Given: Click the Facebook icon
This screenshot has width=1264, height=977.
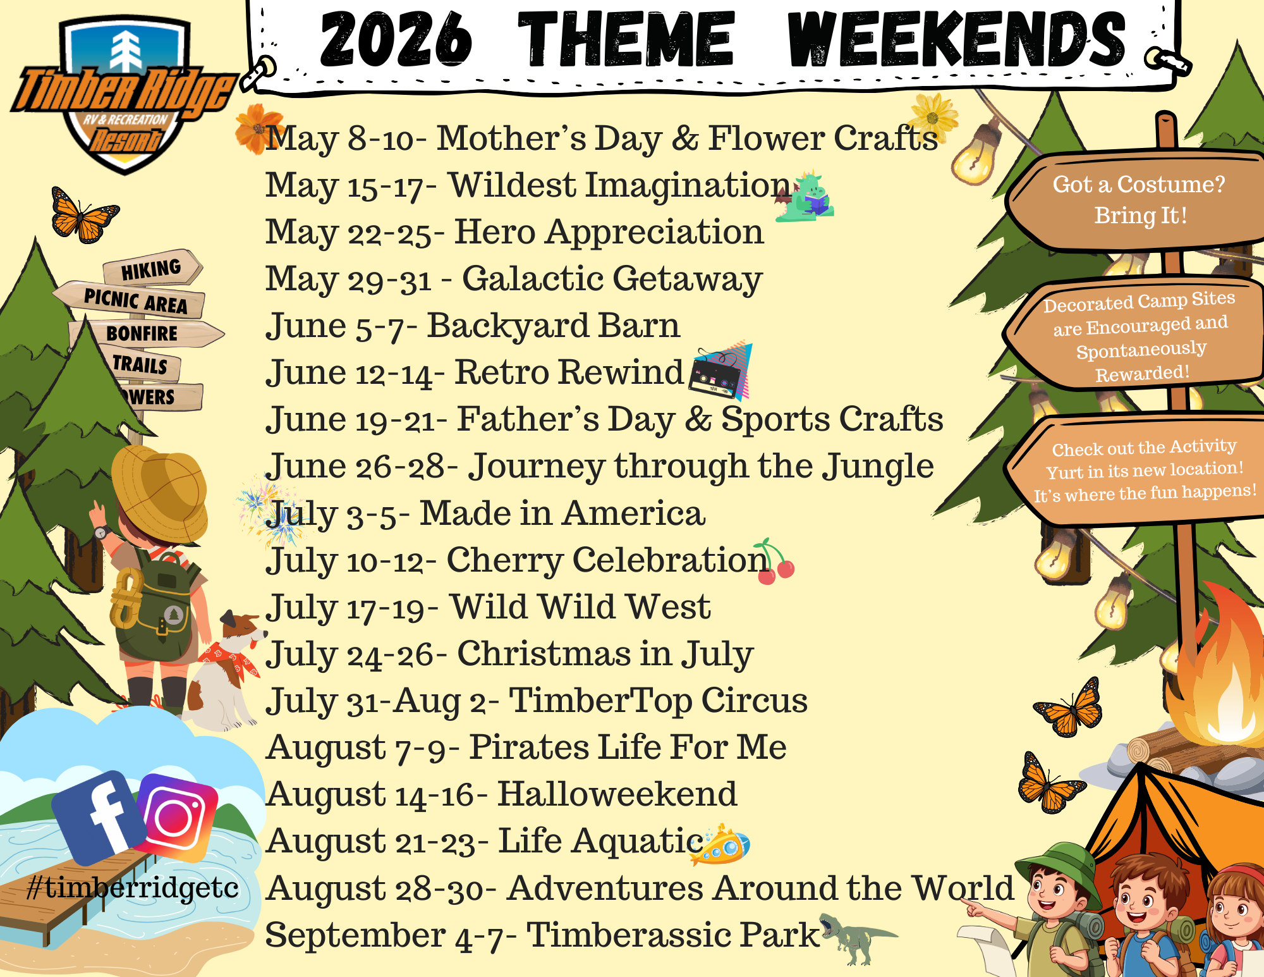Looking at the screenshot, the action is pos(99,817).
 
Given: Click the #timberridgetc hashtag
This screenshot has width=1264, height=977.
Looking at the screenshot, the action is pos(133,887).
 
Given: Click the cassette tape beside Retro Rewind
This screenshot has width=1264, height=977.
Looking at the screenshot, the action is pos(718,373).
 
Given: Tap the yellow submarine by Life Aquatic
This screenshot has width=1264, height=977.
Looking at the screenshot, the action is pos(720,844).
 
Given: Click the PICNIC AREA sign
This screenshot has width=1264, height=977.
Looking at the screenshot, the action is pos(130,299).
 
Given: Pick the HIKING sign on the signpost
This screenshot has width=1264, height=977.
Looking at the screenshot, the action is pos(153,268).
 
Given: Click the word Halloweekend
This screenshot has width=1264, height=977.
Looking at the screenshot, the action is pos(617,794).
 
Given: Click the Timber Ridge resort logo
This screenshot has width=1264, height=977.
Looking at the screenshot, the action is pos(123,95).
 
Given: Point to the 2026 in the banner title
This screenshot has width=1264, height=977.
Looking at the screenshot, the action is pos(396,39).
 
